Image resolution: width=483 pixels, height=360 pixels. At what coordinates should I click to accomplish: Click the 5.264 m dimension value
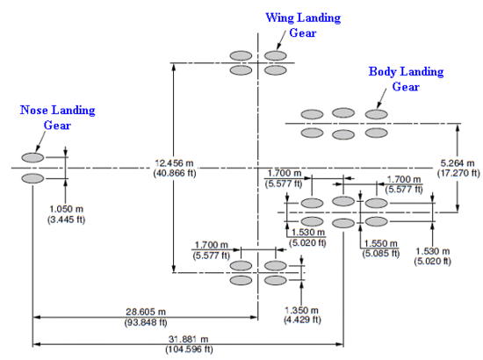click(x=458, y=162)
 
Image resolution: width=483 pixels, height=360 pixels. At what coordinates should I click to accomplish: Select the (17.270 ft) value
click(x=458, y=173)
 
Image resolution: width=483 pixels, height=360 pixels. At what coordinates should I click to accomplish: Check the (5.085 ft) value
click(x=379, y=252)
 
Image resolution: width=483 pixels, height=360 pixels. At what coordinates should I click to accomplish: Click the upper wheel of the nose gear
click(x=32, y=157)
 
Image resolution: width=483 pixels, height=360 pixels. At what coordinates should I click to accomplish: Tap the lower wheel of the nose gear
click(x=32, y=178)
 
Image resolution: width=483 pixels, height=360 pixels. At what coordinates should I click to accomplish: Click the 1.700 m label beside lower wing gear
click(x=212, y=245)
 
